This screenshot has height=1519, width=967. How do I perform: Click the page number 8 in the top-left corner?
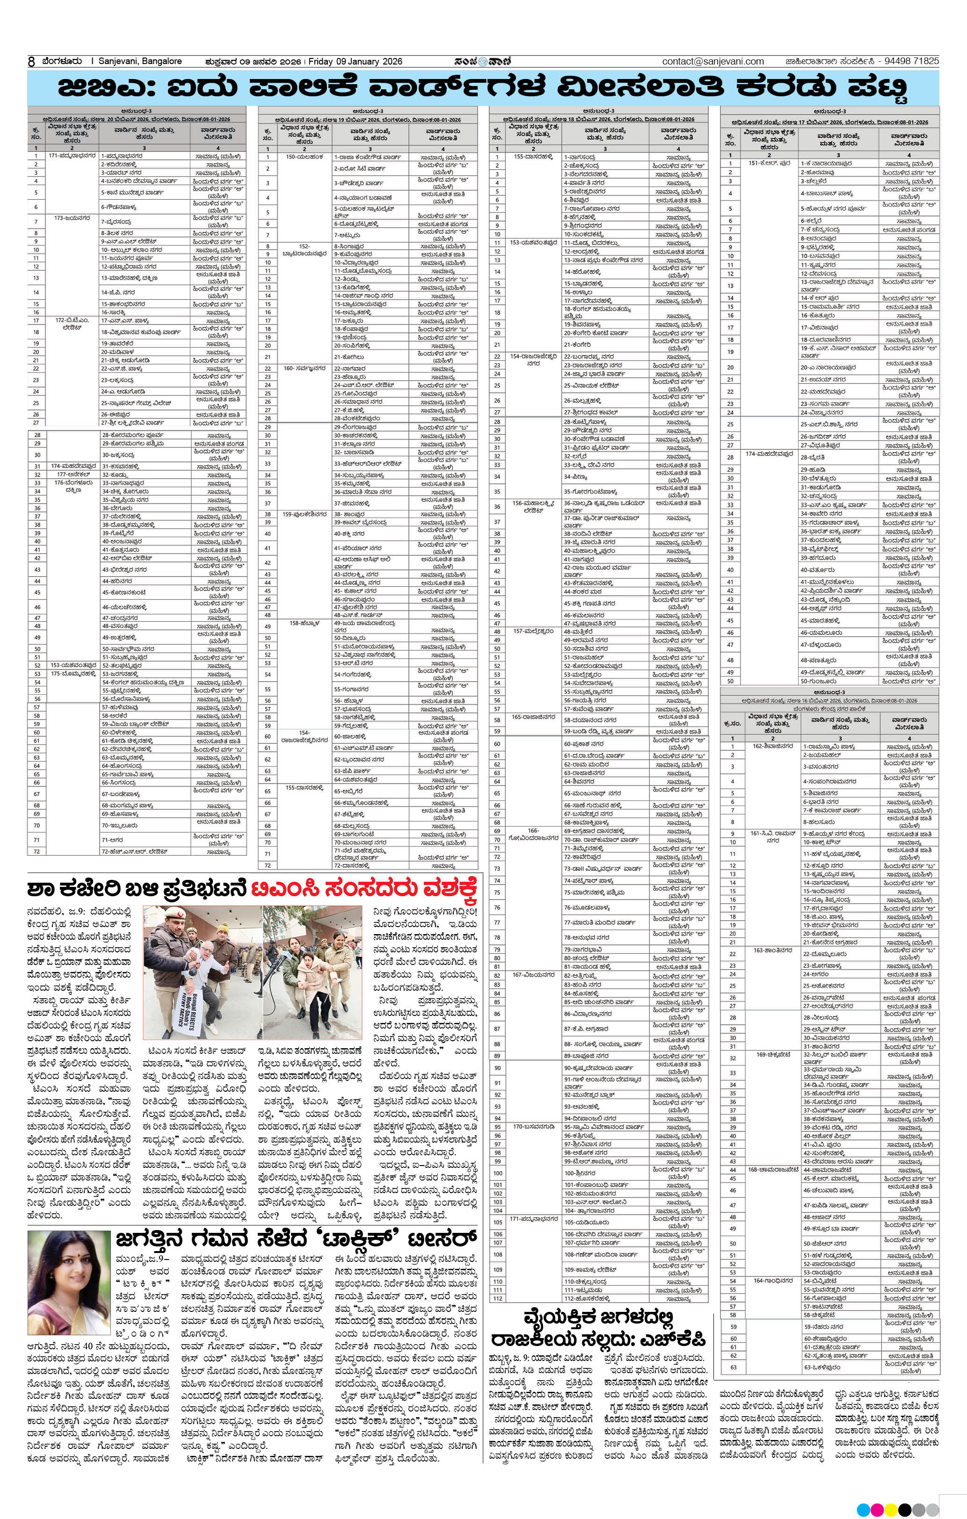(x=31, y=62)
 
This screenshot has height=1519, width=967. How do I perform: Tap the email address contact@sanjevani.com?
(x=713, y=62)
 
